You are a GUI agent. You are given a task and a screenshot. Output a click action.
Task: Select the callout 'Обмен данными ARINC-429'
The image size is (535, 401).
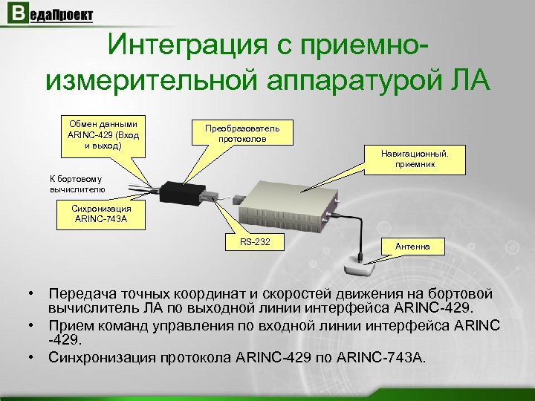pyautogui.click(x=103, y=134)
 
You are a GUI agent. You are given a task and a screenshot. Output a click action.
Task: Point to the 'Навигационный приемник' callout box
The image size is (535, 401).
pyautogui.click(x=421, y=159)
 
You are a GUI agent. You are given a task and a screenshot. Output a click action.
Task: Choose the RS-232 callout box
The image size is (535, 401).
pyautogui.click(x=255, y=243)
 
